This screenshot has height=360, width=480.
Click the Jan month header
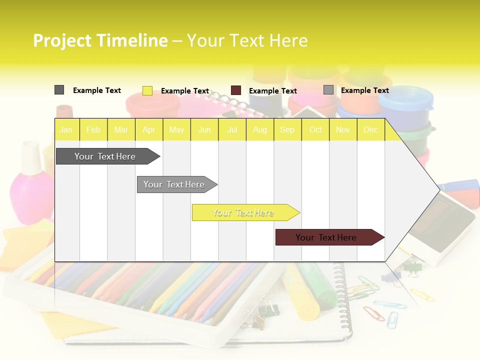pos(66,129)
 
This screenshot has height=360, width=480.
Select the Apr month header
pos(148,129)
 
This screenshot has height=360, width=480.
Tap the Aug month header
pos(259,129)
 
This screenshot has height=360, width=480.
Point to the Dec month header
pos(370,129)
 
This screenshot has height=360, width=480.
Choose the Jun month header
pos(204,129)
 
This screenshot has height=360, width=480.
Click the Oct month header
pos(315,129)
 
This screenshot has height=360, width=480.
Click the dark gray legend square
pos(59,90)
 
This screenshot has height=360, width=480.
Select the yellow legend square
pos(147,90)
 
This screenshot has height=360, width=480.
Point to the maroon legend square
pos(236,90)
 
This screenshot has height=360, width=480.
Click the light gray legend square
pos(328,90)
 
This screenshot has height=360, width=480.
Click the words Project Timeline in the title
pos(100,40)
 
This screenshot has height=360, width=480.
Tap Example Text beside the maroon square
pos(272,91)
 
